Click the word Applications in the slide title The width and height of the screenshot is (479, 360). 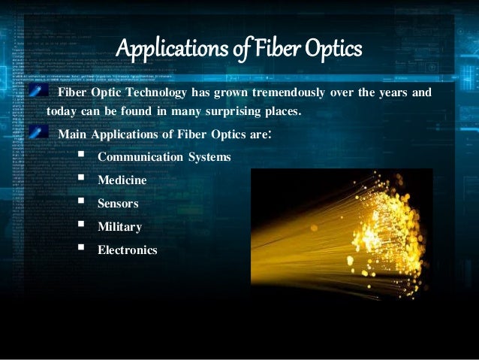[160, 50]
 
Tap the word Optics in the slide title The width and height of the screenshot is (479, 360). [334, 50]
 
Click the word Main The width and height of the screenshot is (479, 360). [73, 135]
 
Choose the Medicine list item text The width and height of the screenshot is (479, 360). [122, 180]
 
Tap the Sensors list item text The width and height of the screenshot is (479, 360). [118, 203]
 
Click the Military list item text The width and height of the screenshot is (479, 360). [119, 226]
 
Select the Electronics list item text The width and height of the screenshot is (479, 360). [127, 250]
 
